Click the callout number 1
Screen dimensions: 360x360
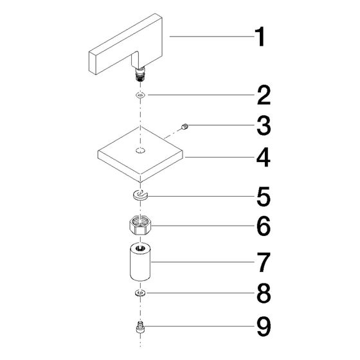[x=260, y=37]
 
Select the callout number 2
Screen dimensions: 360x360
[x=264, y=95]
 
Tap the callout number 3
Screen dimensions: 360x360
[x=264, y=125]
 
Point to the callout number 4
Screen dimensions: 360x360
[x=264, y=157]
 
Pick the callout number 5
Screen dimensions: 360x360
[x=264, y=197]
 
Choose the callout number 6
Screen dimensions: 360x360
[x=264, y=226]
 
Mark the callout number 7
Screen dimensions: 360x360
[x=264, y=262]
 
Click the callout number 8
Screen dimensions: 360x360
[x=264, y=293]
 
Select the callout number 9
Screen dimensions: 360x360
[x=264, y=327]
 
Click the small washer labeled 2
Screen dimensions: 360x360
[x=140, y=94]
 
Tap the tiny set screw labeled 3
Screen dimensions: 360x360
[x=185, y=127]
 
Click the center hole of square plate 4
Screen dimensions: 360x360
[x=140, y=150]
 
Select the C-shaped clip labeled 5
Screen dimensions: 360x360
[x=140, y=196]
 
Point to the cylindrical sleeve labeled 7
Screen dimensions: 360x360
[x=140, y=262]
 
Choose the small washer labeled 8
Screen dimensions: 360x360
[x=139, y=293]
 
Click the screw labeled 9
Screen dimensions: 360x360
[x=140, y=327]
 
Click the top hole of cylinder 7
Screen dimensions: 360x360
[x=140, y=248]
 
